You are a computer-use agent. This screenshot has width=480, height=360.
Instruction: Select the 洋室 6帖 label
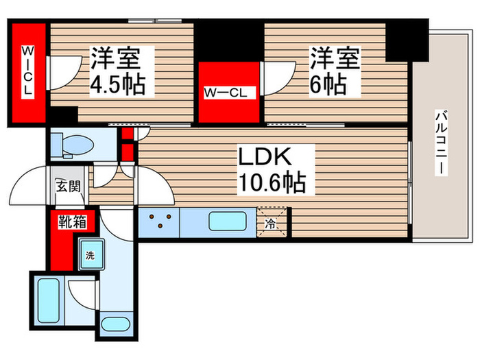(x=335, y=71)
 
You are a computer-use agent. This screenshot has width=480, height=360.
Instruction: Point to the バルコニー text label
(x=441, y=143)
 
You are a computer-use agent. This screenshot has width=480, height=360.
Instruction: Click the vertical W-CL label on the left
(x=27, y=72)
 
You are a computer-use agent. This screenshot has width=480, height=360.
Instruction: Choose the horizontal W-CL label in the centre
(x=230, y=93)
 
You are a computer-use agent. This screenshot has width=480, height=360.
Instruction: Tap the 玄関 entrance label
(x=68, y=186)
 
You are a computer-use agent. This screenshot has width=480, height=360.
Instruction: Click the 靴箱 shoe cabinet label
(x=73, y=221)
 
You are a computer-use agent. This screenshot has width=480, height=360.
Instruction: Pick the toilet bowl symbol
(x=74, y=145)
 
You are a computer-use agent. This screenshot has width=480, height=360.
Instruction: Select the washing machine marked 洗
(x=91, y=254)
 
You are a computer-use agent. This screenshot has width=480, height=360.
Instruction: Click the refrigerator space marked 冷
(x=271, y=222)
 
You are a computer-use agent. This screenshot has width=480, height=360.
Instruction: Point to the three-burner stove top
(x=159, y=222)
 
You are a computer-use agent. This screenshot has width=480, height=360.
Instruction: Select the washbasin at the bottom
(x=115, y=324)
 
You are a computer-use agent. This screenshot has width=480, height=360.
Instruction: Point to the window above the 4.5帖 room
(x=155, y=21)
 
